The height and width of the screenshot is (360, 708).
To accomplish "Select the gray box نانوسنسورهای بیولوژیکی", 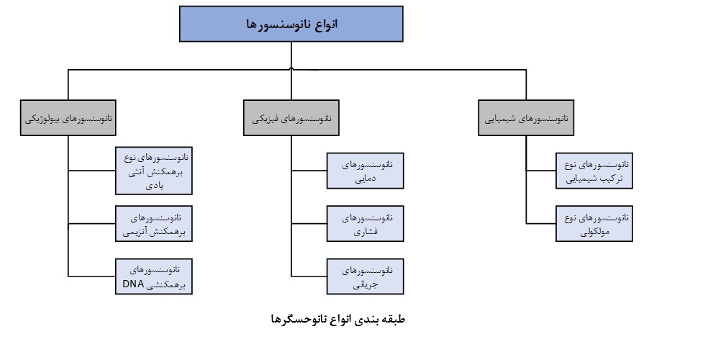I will [69, 119].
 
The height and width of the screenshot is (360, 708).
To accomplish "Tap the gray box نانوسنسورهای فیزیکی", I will [291, 119].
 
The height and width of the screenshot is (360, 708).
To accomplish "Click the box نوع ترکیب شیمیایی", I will [594, 171].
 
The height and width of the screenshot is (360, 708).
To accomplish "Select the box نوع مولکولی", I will [594, 224].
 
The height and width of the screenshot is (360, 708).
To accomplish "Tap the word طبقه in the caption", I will [394, 318].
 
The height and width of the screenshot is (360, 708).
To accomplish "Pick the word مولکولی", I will [594, 232].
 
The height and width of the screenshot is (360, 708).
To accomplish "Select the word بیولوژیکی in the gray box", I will [45, 119].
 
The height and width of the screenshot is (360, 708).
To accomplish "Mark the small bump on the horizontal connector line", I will [291, 68].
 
